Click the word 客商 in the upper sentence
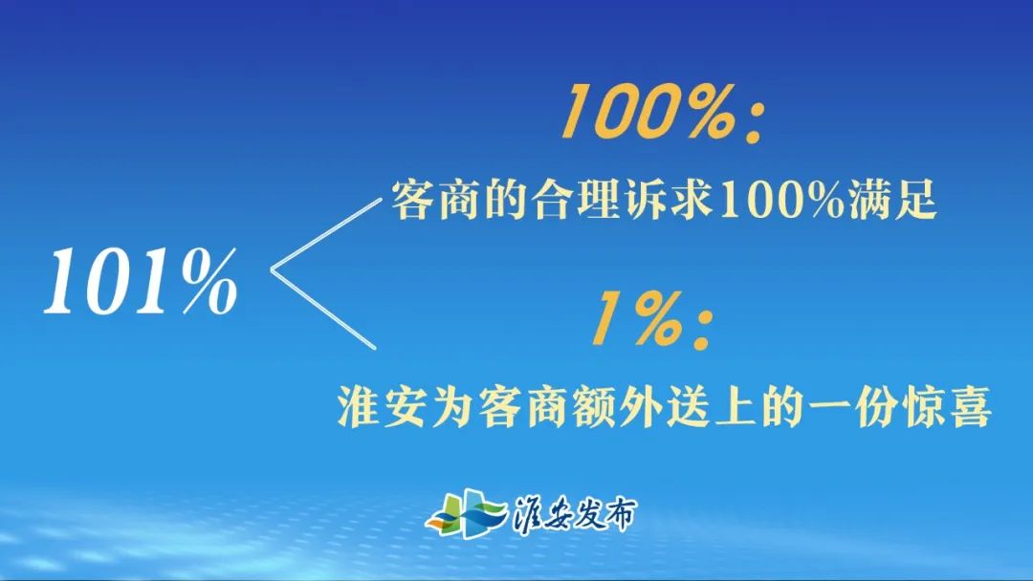(426, 203)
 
